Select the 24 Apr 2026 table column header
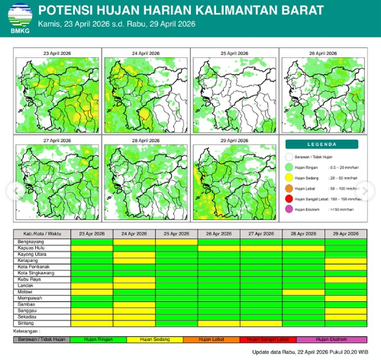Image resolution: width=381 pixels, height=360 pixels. click(x=134, y=233)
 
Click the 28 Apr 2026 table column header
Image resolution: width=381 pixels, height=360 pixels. click(x=303, y=233)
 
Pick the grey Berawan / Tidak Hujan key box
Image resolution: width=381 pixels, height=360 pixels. click(x=43, y=338)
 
